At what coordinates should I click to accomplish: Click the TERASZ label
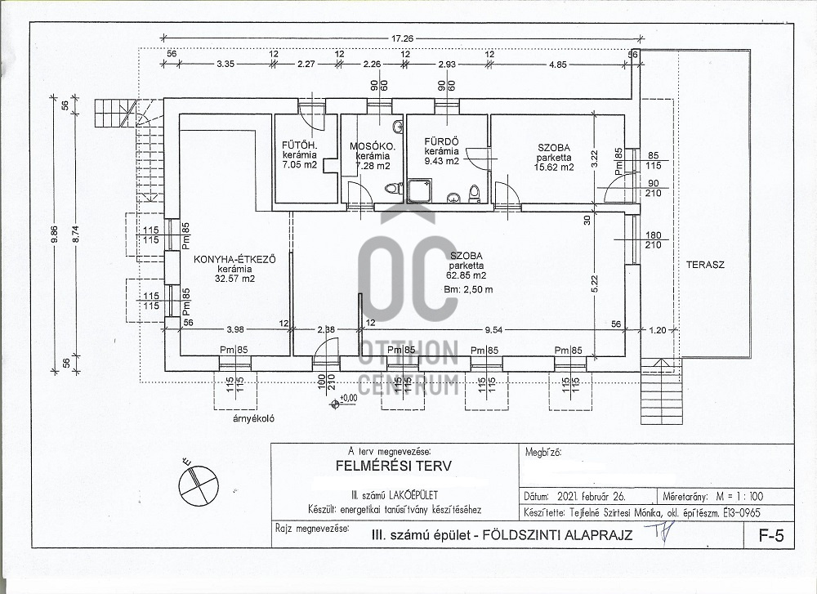705,266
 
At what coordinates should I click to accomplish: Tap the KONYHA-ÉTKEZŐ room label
234,259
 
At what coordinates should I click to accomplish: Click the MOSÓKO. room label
372,146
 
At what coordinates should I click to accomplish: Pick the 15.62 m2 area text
555,167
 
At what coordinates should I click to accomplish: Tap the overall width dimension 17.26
404,37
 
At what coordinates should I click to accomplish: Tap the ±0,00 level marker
347,398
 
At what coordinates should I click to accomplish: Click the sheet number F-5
765,537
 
